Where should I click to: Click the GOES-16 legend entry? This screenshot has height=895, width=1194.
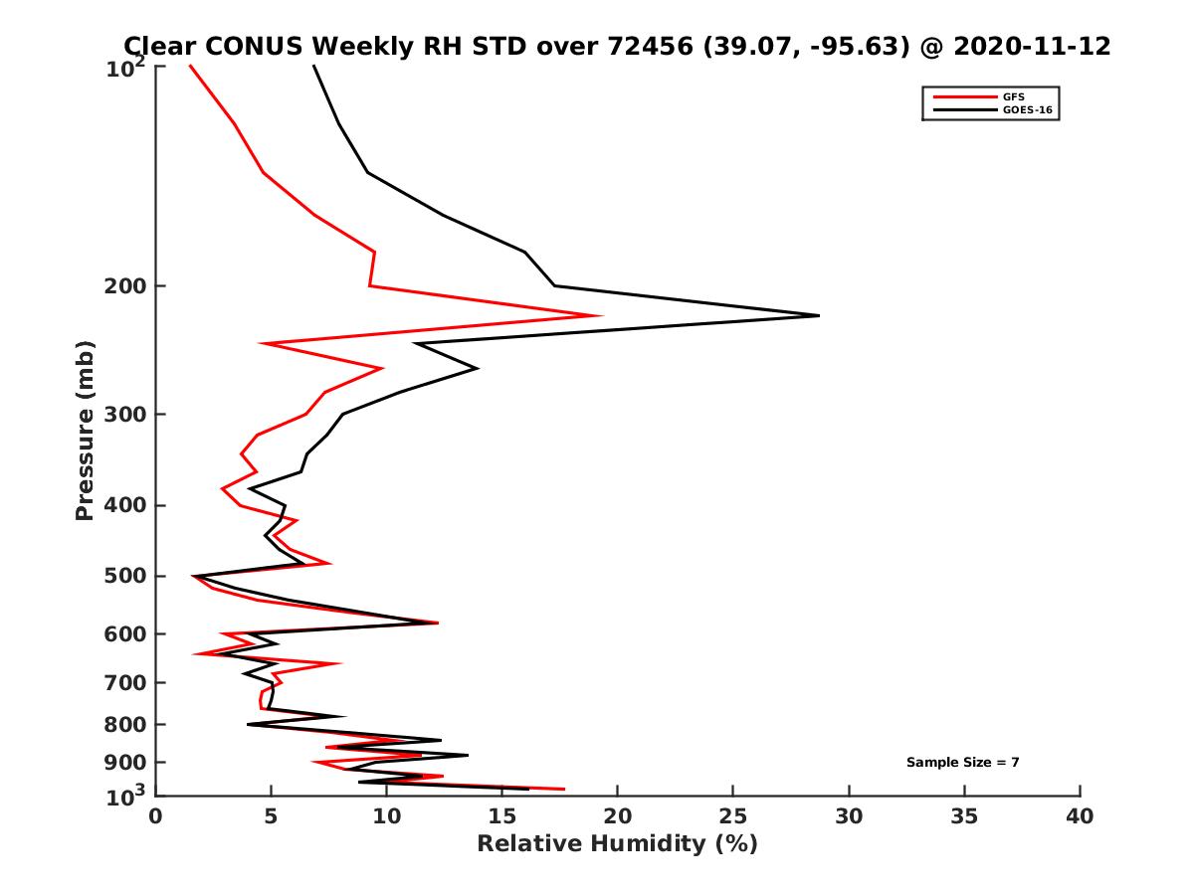click(1024, 110)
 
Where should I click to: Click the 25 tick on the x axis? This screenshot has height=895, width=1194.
click(733, 816)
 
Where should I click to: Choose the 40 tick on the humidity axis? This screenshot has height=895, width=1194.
click(1080, 816)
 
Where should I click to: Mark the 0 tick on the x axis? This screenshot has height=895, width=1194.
click(156, 816)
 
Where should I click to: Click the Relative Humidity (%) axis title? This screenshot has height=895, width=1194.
click(617, 844)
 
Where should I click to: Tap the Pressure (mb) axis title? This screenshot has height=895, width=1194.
click(85, 430)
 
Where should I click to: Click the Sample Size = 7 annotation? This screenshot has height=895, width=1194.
click(962, 763)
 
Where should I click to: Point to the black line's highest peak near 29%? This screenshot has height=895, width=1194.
click(819, 315)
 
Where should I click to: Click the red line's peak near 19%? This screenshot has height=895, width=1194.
click(602, 316)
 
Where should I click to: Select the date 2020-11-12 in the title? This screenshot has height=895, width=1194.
click(1030, 47)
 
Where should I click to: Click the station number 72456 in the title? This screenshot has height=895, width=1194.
click(646, 47)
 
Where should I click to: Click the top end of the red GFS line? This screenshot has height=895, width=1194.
click(190, 66)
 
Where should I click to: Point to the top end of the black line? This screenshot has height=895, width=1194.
click(313, 66)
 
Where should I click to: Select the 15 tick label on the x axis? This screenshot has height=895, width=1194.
click(502, 816)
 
